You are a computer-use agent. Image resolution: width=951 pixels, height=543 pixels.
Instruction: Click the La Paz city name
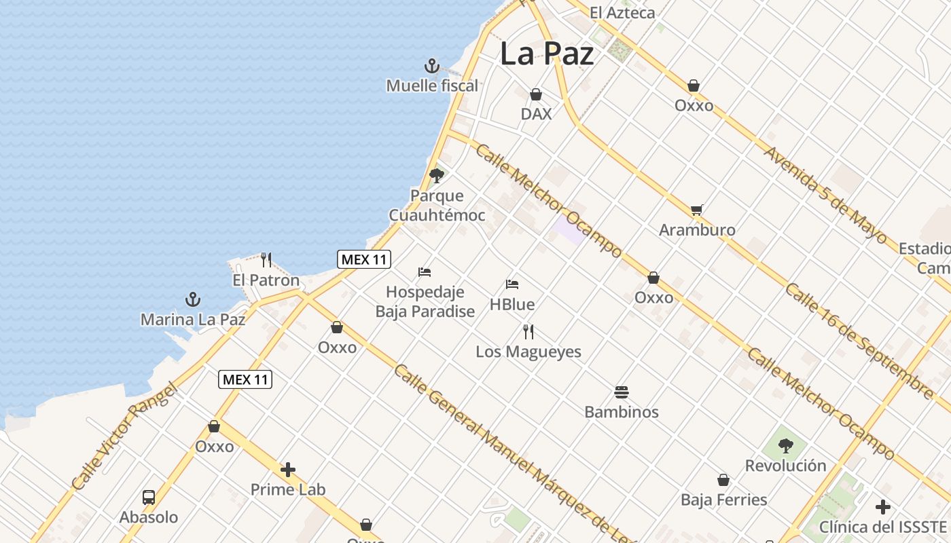[547, 54]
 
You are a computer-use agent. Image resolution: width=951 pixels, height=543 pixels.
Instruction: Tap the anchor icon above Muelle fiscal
[432, 67]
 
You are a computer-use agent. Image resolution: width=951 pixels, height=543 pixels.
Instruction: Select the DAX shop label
[536, 114]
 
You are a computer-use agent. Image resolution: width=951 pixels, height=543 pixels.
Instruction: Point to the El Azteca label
[622, 12]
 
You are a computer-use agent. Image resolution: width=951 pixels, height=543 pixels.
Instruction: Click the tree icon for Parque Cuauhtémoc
[437, 176]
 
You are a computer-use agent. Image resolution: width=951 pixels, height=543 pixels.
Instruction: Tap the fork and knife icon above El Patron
[266, 260]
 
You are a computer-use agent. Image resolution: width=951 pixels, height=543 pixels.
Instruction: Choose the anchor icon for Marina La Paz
[193, 299]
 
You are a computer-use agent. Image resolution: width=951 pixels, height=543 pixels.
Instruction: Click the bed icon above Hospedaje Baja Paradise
[425, 272]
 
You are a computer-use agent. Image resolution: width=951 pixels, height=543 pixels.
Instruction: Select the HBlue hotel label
[512, 305]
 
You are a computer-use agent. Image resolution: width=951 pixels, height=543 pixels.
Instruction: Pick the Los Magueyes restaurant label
[528, 352]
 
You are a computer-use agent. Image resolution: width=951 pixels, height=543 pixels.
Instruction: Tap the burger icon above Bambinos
[622, 392]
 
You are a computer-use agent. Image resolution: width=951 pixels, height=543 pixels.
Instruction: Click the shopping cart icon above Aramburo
[696, 210]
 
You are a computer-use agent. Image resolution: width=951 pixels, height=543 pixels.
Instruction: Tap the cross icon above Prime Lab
[288, 470]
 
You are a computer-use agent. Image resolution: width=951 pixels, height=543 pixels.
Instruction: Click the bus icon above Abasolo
[149, 498]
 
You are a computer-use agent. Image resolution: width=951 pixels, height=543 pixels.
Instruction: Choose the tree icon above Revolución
[786, 446]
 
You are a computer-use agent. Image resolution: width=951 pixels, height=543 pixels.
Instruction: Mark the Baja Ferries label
[723, 500]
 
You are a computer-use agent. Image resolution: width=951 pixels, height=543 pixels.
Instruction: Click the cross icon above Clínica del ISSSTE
[883, 507]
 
